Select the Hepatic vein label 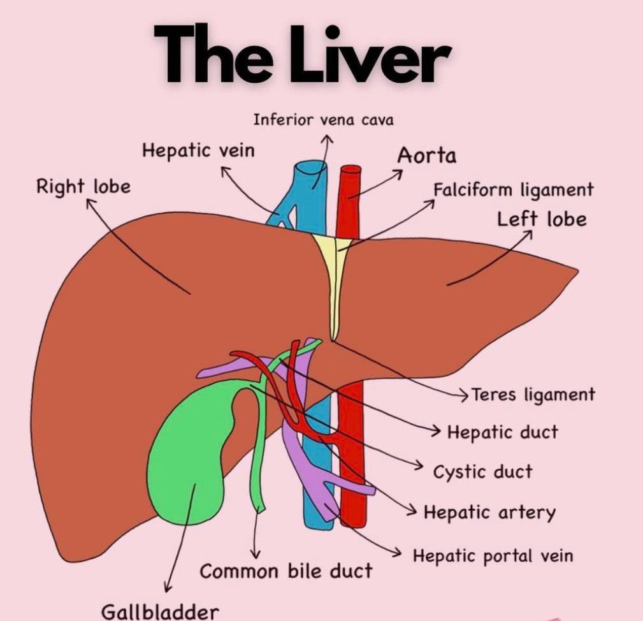click(198, 151)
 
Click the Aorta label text click(427, 155)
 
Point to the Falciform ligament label click(513, 190)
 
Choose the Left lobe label click(542, 219)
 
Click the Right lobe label click(83, 187)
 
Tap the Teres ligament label click(533, 395)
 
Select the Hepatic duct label click(502, 432)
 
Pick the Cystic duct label click(482, 472)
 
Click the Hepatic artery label click(489, 513)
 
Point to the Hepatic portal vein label click(493, 555)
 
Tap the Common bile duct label click(285, 571)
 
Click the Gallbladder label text click(160, 611)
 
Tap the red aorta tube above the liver click(350, 198)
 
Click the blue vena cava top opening click(311, 165)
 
